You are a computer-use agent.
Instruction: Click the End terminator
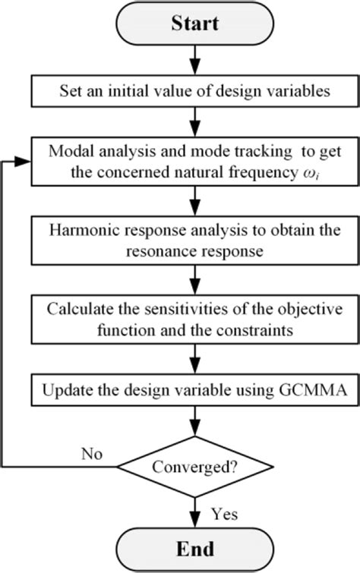point(196,549)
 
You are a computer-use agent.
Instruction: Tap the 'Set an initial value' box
point(196,92)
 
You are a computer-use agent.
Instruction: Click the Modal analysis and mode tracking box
point(196,161)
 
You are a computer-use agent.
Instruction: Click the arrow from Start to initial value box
point(196,58)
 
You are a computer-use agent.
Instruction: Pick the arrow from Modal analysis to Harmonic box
point(196,202)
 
